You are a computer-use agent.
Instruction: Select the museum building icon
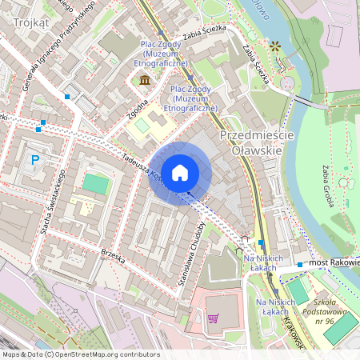[145, 79]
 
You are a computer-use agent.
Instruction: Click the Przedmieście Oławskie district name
[256, 142]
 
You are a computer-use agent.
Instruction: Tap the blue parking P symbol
[34, 160]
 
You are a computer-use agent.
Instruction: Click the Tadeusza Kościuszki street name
[140, 163]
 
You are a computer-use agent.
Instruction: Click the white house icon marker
[180, 172]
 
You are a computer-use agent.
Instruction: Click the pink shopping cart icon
[213, 318]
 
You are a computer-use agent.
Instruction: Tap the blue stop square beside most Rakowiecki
[300, 264]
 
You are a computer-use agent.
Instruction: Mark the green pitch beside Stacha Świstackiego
[96, 184]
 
